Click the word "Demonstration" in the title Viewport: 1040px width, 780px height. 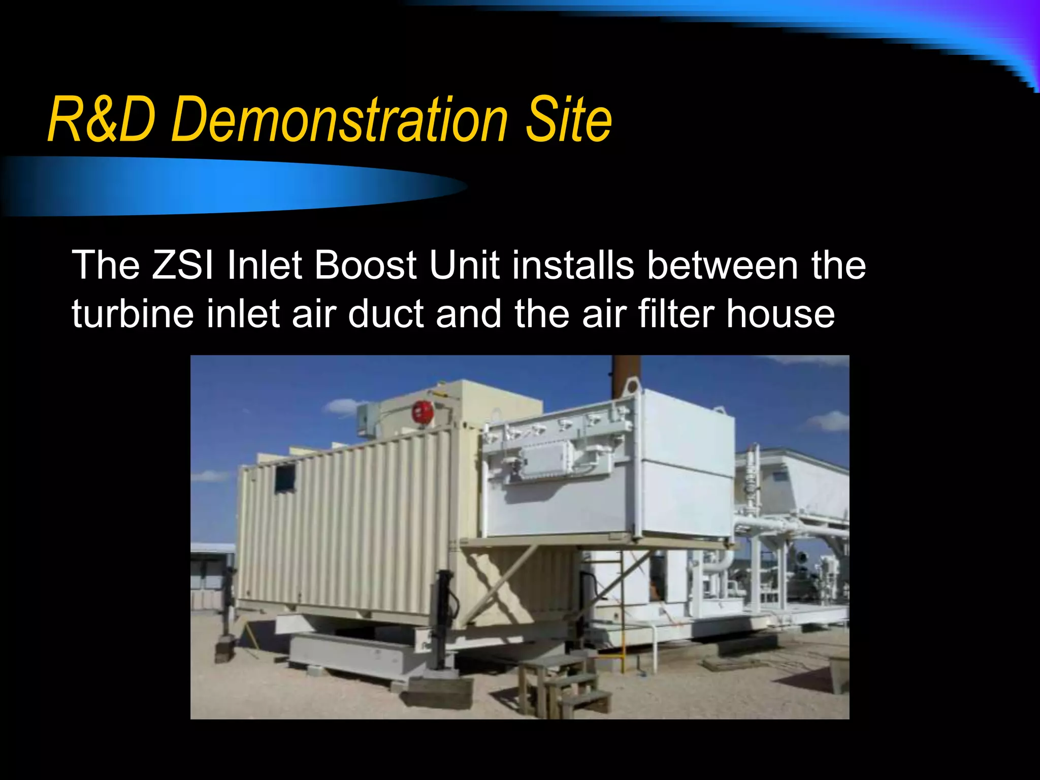[340, 120]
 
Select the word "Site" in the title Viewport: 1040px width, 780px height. [569, 120]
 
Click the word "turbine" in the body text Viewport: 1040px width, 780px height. [133, 313]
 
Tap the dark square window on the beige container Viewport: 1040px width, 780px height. [285, 477]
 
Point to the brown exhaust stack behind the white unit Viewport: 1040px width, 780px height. [626, 376]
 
